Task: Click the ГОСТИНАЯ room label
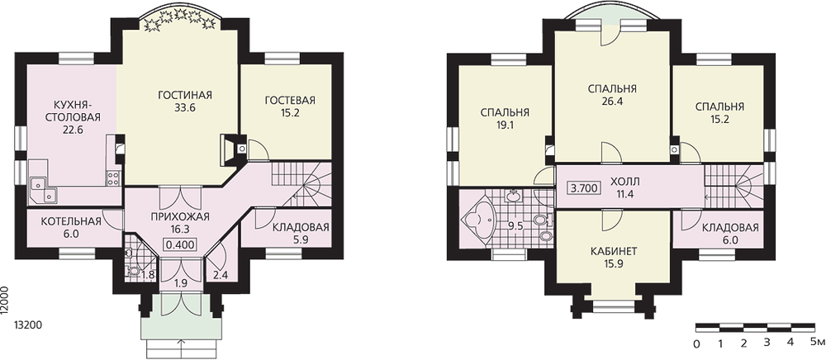[185, 95]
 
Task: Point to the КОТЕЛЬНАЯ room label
[70, 221]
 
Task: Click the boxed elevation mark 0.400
[181, 244]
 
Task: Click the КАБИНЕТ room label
[612, 252]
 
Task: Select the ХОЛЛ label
[624, 182]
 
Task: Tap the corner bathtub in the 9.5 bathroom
[477, 221]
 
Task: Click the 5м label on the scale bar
[817, 343]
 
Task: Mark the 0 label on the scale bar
[696, 344]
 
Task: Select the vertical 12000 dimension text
[5, 301]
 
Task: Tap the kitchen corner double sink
[43, 191]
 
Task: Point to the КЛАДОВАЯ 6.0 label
[730, 233]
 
